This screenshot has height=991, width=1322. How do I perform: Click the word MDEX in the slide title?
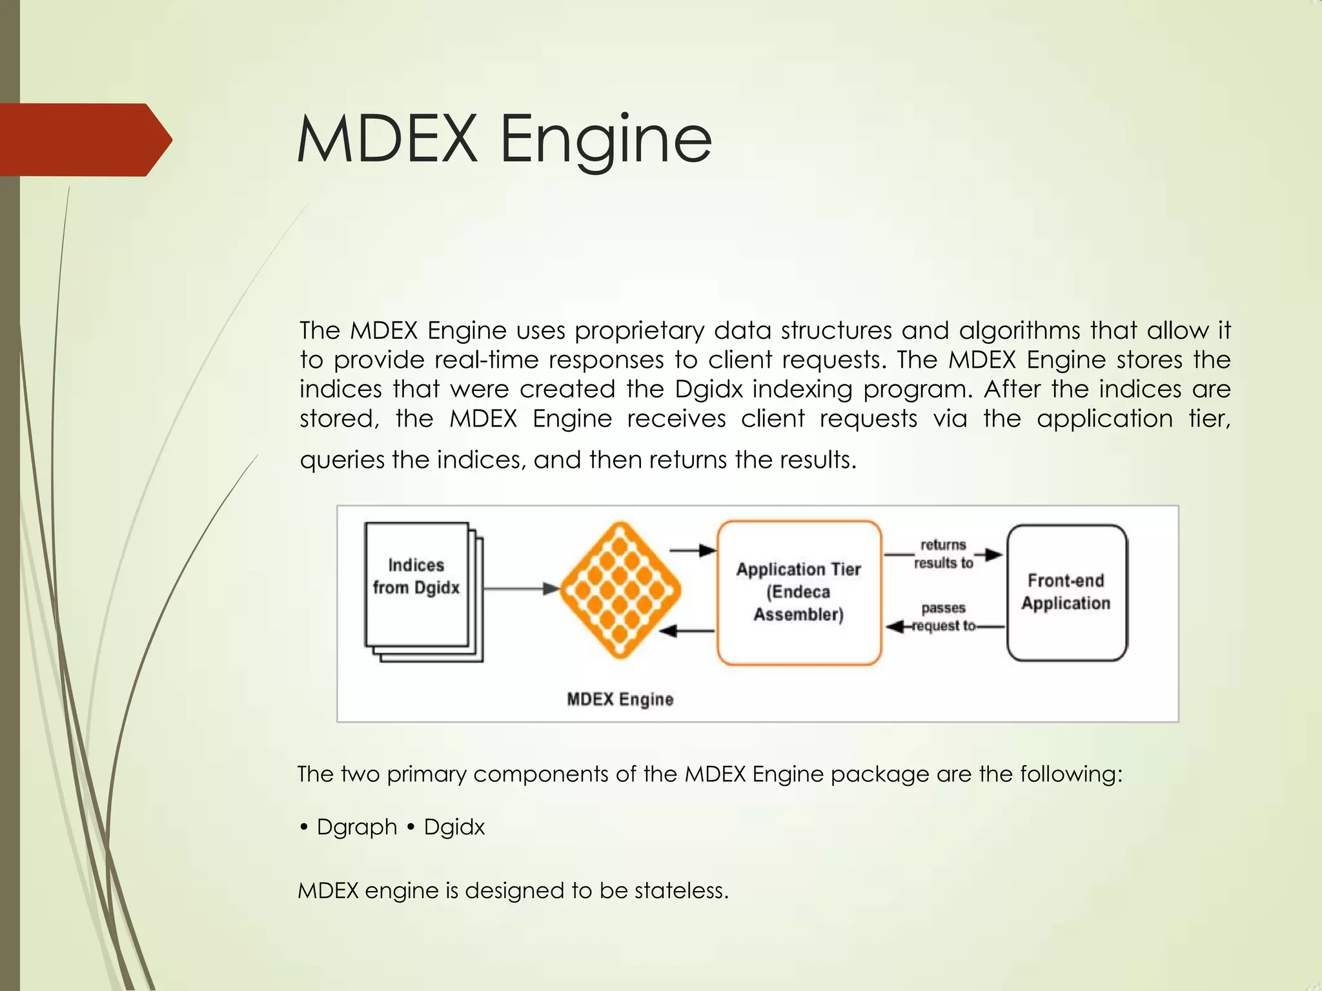pyautogui.click(x=386, y=139)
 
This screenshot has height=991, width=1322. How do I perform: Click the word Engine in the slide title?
pyautogui.click(x=605, y=141)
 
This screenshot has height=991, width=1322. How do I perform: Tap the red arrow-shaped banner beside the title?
pyautogui.click(x=84, y=139)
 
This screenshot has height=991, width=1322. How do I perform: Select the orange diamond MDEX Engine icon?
pyautogui.click(x=620, y=590)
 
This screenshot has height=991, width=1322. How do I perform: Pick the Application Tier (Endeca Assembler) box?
pyautogui.click(x=799, y=592)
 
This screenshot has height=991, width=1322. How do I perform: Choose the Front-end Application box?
pyautogui.click(x=1066, y=592)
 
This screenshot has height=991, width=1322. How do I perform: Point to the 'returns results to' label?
pyautogui.click(x=943, y=554)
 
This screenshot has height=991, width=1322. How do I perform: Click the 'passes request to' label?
pyautogui.click(x=943, y=617)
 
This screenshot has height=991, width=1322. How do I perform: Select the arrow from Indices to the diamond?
pyautogui.click(x=520, y=588)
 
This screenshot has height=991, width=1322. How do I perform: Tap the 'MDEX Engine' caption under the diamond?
pyautogui.click(x=620, y=699)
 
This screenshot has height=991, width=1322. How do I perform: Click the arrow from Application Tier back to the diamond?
pyautogui.click(x=687, y=630)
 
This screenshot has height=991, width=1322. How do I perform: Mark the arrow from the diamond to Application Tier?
pyautogui.click(x=693, y=550)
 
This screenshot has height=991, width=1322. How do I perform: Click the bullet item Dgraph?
pyautogui.click(x=356, y=827)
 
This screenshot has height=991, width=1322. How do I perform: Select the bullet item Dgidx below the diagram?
pyautogui.click(x=454, y=827)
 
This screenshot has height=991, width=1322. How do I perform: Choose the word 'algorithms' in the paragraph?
pyautogui.click(x=1019, y=331)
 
